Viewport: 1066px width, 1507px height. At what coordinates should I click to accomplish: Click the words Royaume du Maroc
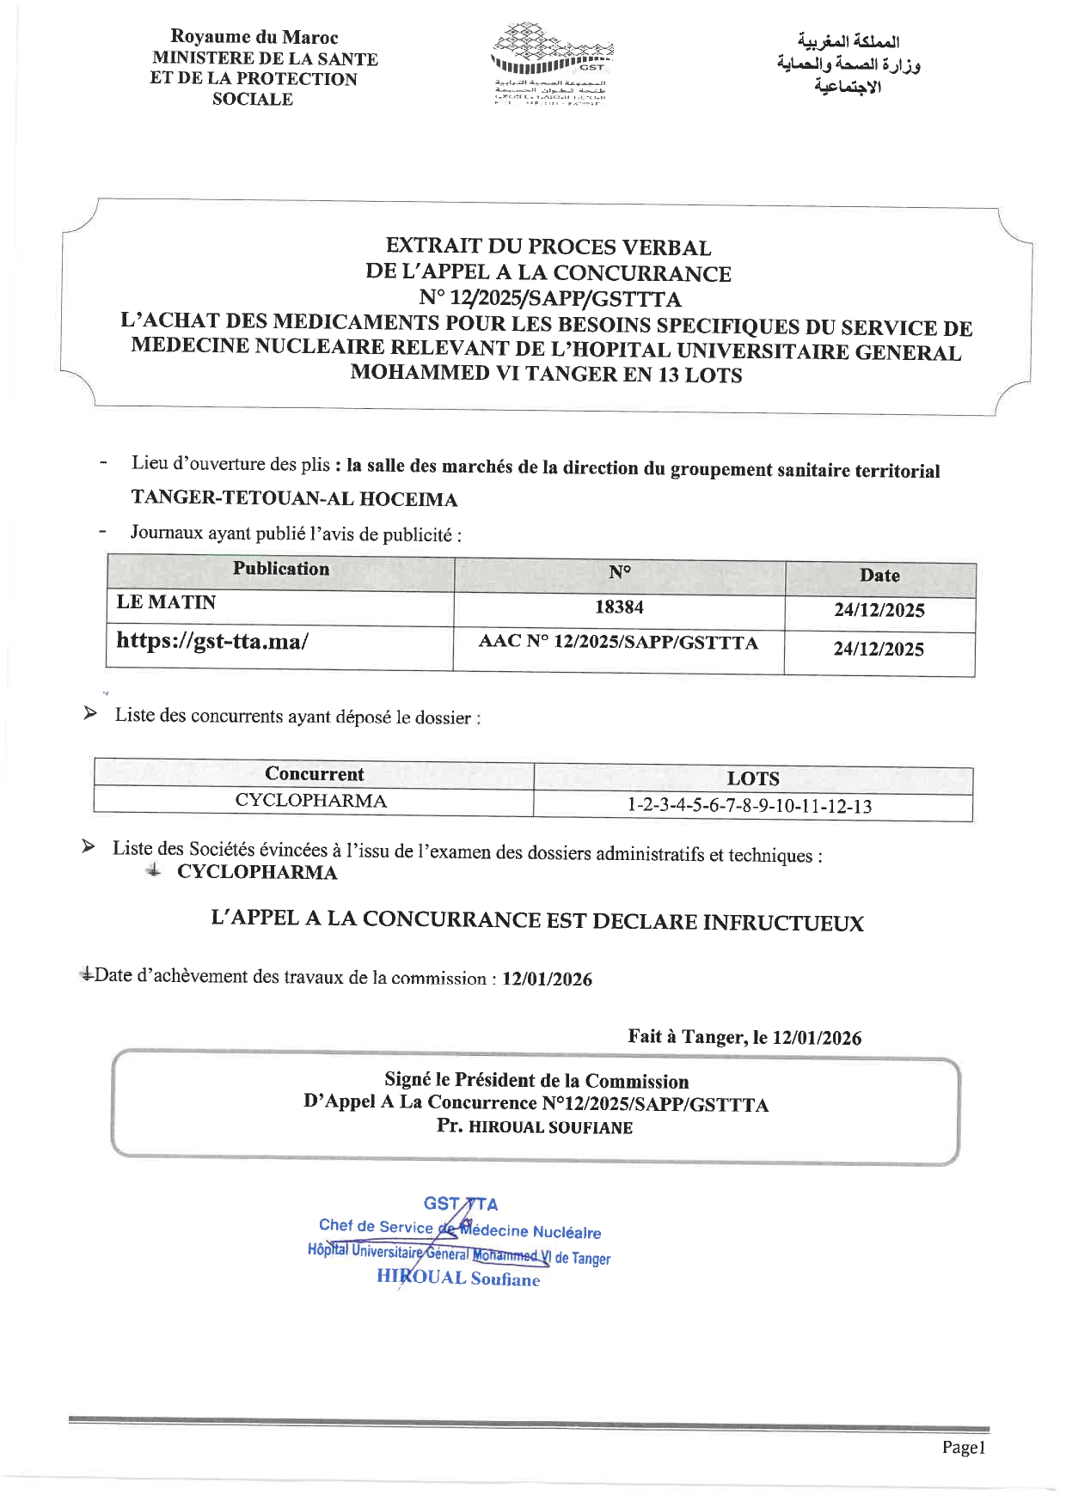(x=254, y=37)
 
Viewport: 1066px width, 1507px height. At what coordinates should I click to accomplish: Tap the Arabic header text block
(x=848, y=64)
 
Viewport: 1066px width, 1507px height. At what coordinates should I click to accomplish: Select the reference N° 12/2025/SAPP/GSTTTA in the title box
(x=549, y=299)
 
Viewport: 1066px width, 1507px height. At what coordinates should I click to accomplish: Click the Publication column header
(x=281, y=569)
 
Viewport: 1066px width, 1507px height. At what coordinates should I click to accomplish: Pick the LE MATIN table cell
(x=166, y=602)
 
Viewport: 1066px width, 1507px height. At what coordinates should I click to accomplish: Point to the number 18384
(x=619, y=607)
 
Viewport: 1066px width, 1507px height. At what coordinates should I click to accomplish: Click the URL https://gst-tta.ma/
(x=211, y=641)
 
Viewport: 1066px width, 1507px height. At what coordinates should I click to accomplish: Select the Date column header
(x=879, y=576)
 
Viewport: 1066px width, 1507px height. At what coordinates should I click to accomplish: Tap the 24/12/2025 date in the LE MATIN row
(x=879, y=611)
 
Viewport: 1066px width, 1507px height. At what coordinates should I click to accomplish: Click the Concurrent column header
(x=314, y=774)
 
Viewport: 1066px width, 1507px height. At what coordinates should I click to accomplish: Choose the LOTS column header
(x=753, y=779)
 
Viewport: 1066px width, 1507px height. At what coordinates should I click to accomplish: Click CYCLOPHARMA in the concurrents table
(x=310, y=801)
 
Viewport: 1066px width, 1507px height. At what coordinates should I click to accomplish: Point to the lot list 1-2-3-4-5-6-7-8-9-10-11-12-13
(x=750, y=806)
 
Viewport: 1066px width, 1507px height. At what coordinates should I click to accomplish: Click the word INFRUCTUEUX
(x=783, y=924)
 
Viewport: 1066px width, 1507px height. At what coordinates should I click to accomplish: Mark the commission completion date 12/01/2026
(x=547, y=979)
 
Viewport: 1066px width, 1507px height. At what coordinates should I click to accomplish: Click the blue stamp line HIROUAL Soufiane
(x=458, y=1278)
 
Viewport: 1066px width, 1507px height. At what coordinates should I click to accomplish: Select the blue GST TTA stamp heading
(x=460, y=1204)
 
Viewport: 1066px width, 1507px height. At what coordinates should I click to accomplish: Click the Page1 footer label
(x=963, y=1448)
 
